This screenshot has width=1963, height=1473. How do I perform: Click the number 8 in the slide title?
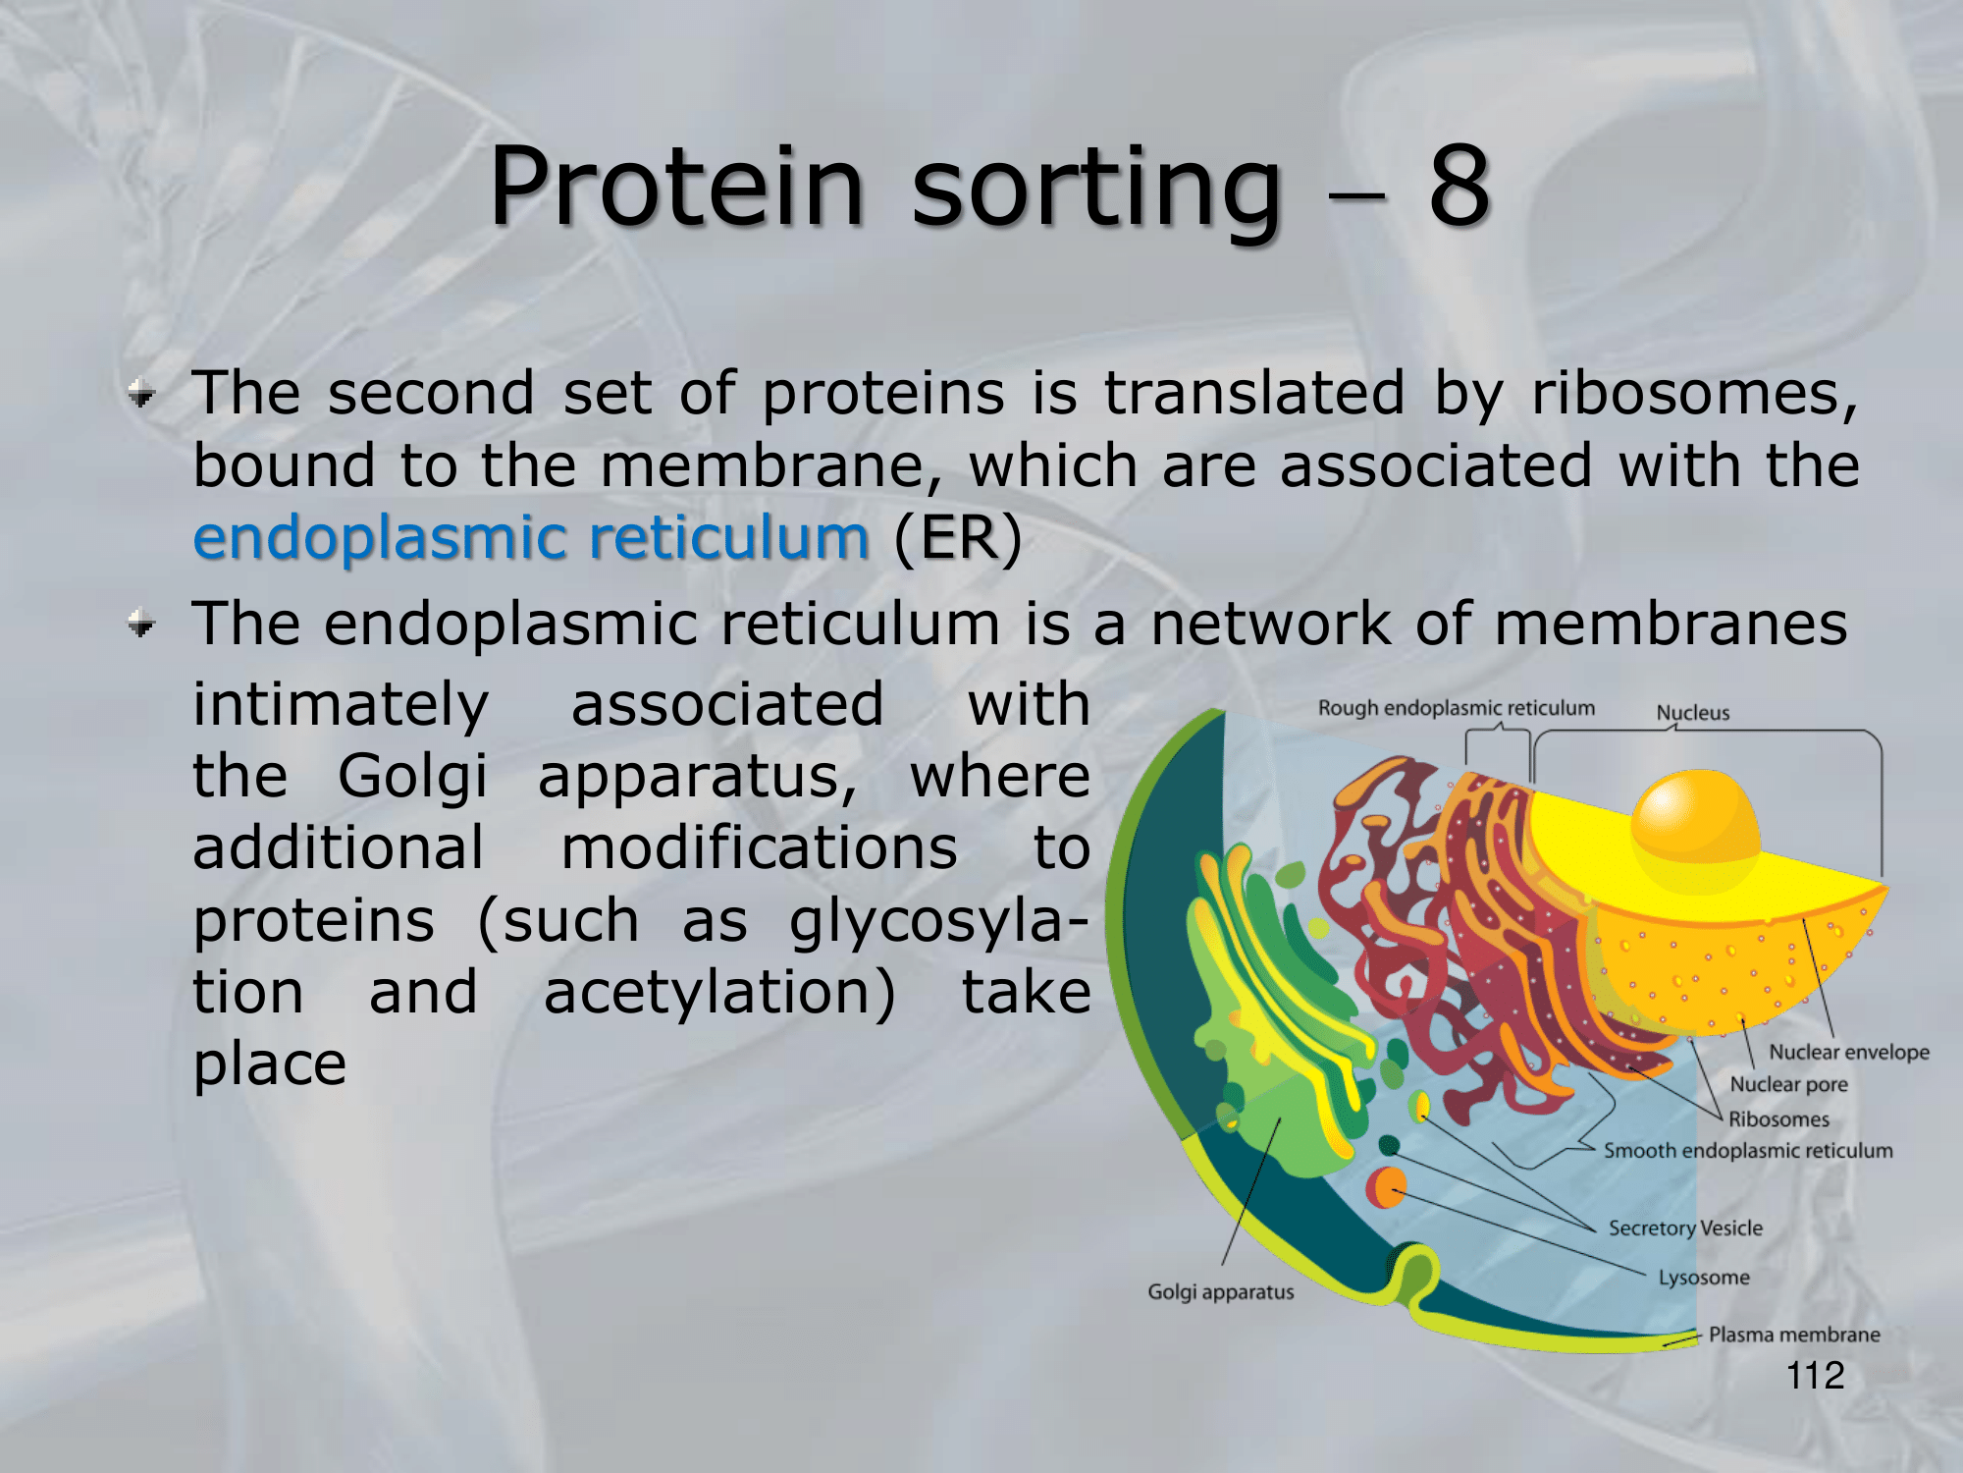pyautogui.click(x=1459, y=185)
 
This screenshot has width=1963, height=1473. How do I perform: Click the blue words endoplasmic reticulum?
pyautogui.click(x=531, y=538)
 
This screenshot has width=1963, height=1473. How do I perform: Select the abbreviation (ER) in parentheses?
pyautogui.click(x=958, y=538)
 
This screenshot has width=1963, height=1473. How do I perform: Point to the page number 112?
pyautogui.click(x=1815, y=1375)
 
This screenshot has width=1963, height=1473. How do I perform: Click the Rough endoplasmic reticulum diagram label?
pyautogui.click(x=1457, y=708)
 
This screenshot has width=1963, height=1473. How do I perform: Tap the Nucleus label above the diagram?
pyautogui.click(x=1693, y=713)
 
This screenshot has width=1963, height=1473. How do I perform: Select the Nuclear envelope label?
pyautogui.click(x=1849, y=1052)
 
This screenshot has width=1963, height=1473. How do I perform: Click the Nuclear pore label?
pyautogui.click(x=1788, y=1084)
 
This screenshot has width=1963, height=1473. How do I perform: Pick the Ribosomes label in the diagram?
pyautogui.click(x=1778, y=1118)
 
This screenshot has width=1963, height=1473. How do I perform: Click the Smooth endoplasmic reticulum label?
pyautogui.click(x=1748, y=1151)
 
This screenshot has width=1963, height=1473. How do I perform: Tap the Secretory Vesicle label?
pyautogui.click(x=1685, y=1228)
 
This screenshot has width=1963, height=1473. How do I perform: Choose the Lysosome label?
pyautogui.click(x=1704, y=1278)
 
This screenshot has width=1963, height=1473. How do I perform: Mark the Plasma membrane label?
pyautogui.click(x=1794, y=1335)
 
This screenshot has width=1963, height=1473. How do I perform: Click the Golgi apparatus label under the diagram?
pyautogui.click(x=1221, y=1292)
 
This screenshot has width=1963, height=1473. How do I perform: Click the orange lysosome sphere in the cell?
pyautogui.click(x=1386, y=1187)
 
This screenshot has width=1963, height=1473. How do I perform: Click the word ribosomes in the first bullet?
pyautogui.click(x=1694, y=394)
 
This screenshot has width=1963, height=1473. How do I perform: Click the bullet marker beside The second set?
pyautogui.click(x=142, y=394)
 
